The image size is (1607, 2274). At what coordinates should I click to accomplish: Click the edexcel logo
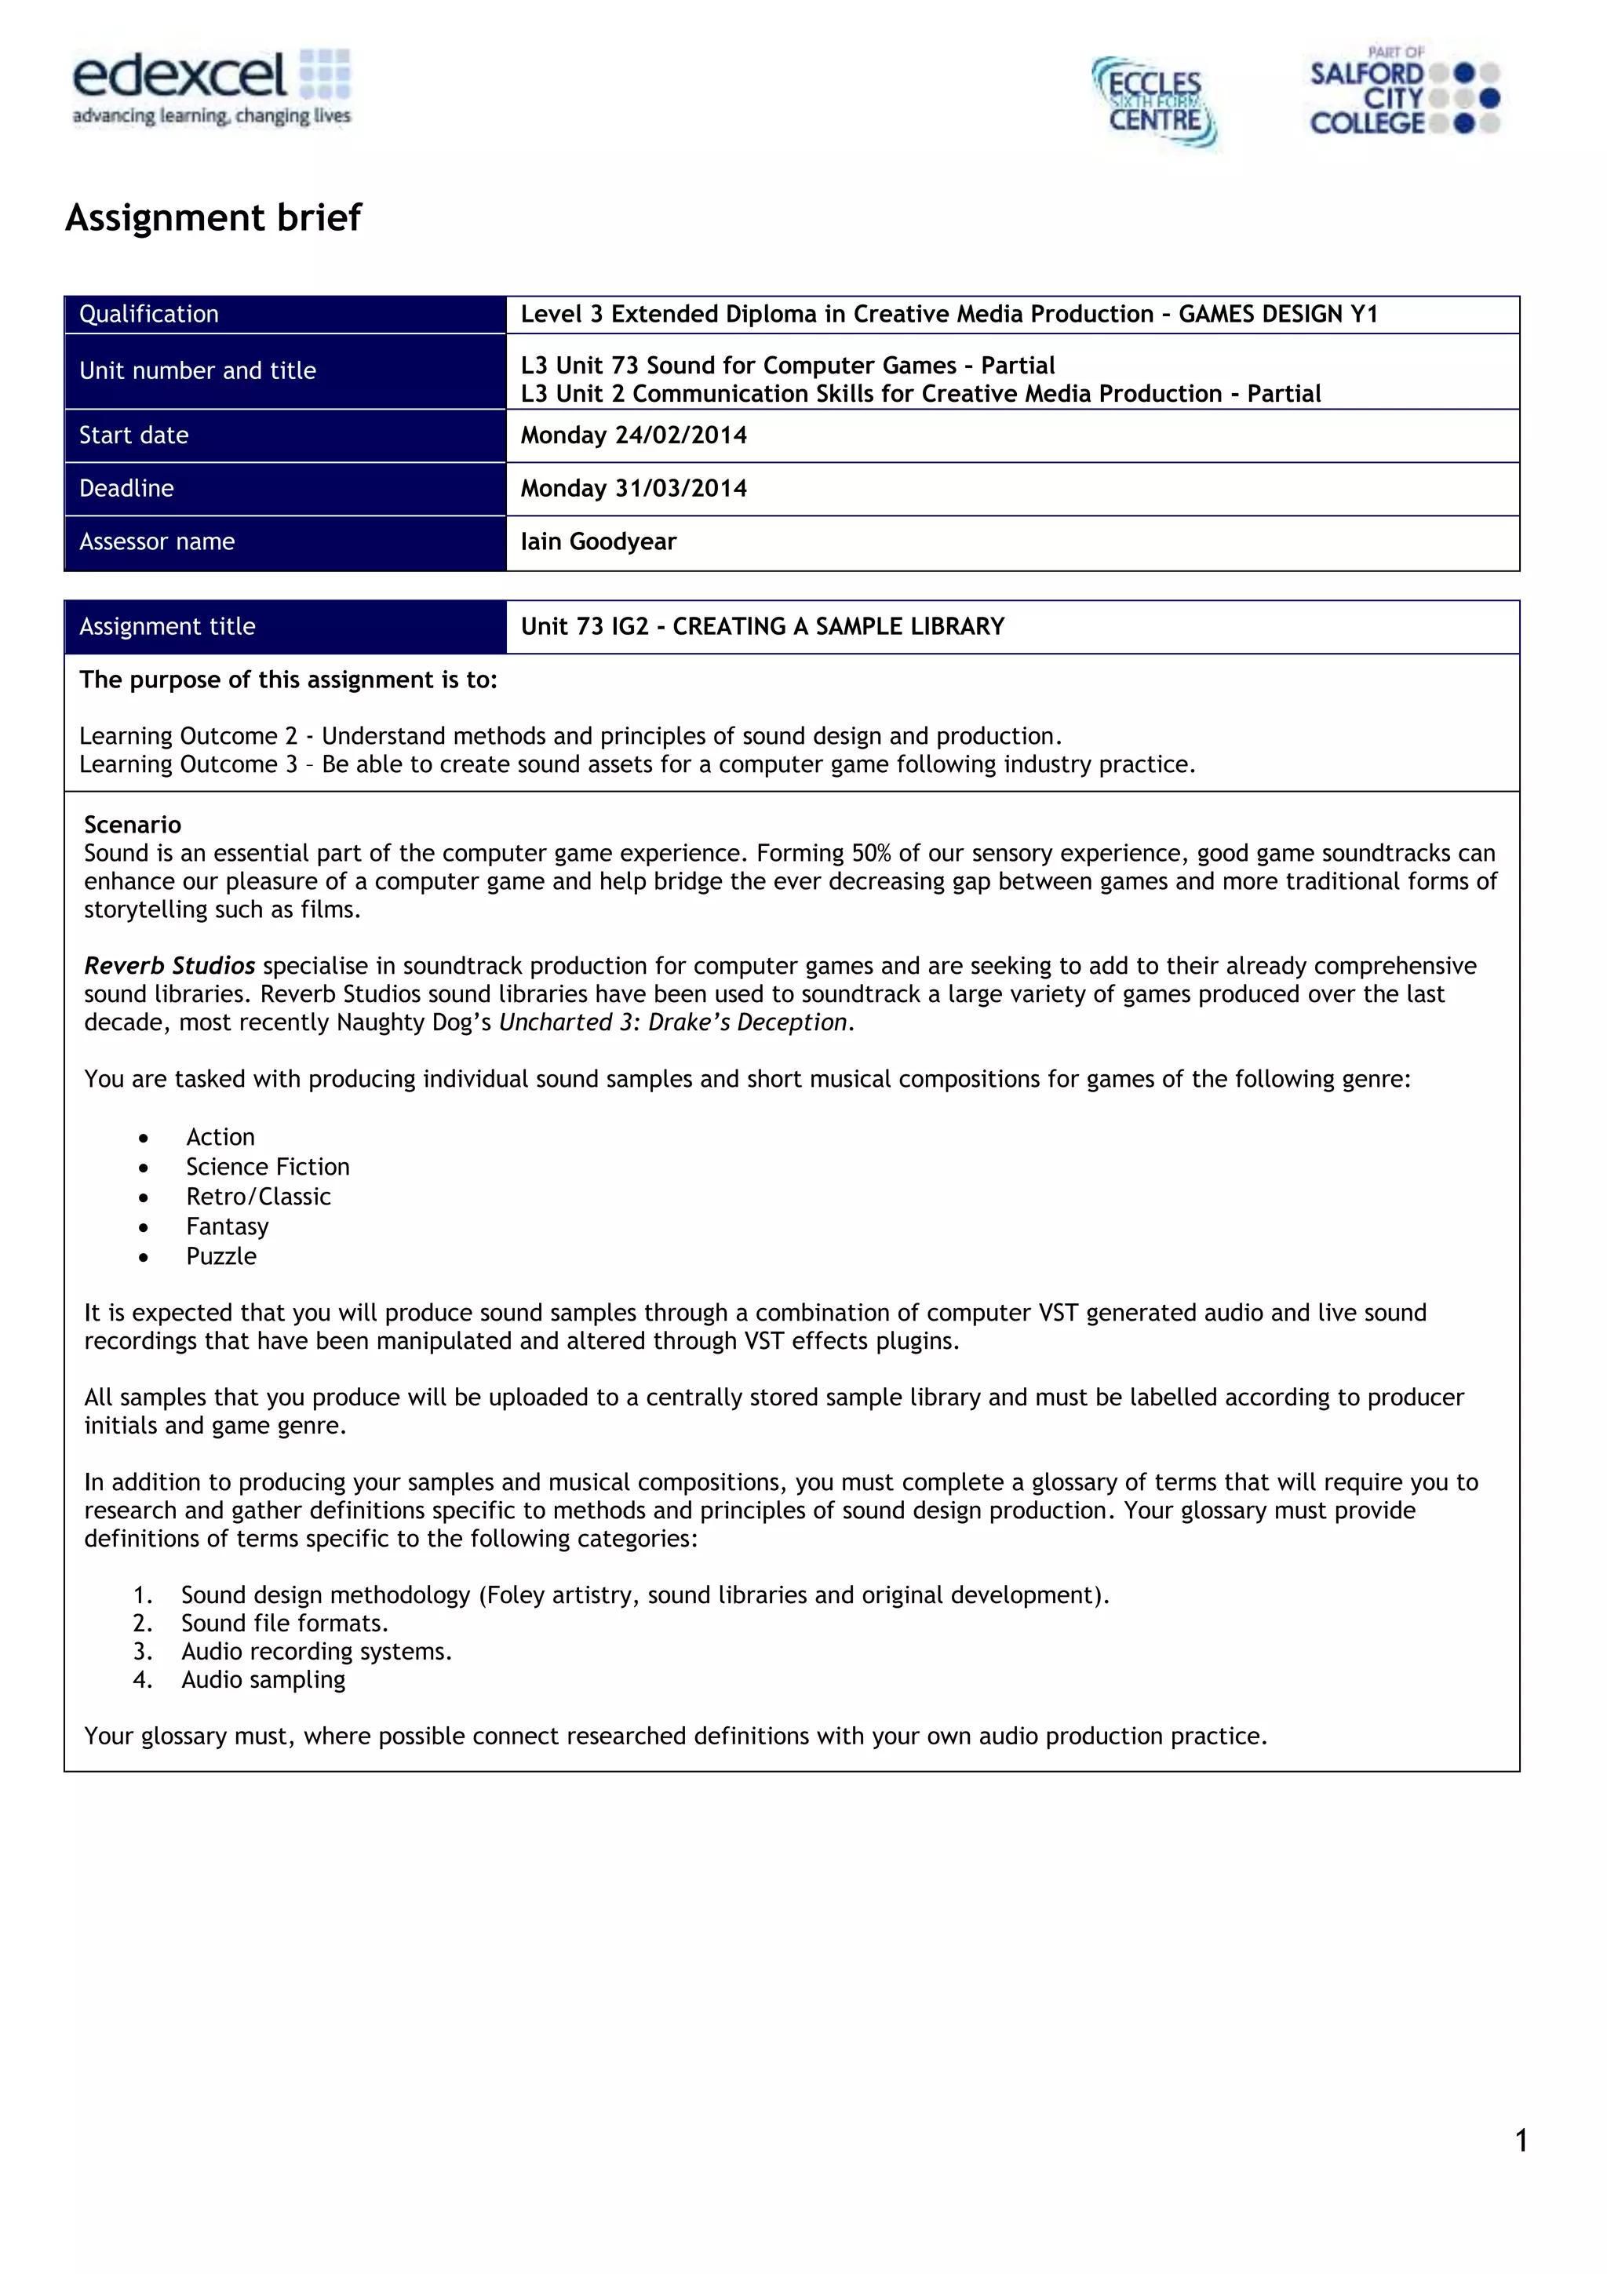(211, 88)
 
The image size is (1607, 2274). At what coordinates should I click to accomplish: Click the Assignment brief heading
(213, 217)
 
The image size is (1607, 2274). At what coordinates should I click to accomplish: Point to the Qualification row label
(148, 314)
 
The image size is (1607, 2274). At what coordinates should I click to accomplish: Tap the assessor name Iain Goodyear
(598, 541)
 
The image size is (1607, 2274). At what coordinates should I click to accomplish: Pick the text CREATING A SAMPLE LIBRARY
(838, 626)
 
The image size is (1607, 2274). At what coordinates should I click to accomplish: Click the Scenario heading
(133, 825)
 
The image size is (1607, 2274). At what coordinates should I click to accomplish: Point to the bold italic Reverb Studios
(169, 966)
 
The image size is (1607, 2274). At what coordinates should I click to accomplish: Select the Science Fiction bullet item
(268, 1167)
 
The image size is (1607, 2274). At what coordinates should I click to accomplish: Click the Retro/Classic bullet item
(257, 1197)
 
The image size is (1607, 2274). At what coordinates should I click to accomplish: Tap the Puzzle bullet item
(220, 1255)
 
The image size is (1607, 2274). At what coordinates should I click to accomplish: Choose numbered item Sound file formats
(284, 1624)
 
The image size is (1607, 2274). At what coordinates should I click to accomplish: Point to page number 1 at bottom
(1520, 2141)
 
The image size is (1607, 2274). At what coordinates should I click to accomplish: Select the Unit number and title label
(197, 370)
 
